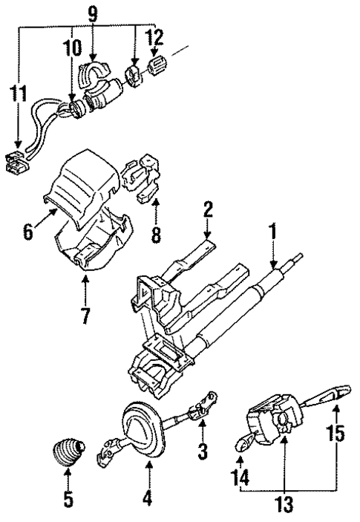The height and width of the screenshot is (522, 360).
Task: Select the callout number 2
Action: click(x=209, y=210)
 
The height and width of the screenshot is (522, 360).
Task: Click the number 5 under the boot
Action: click(x=68, y=500)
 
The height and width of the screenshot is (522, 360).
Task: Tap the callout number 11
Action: click(x=18, y=94)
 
